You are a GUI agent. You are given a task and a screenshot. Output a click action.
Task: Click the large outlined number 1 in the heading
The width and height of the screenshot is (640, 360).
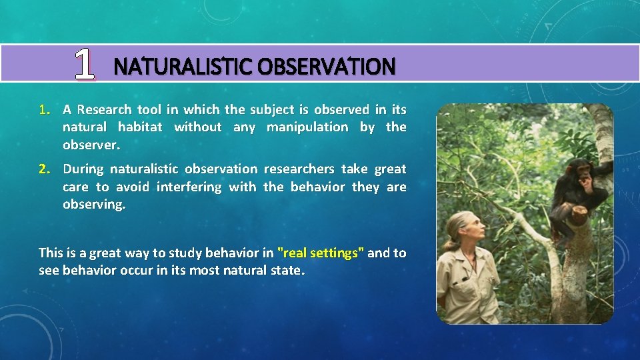(84, 65)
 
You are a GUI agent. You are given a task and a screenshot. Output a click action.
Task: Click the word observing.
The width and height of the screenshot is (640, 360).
(93, 204)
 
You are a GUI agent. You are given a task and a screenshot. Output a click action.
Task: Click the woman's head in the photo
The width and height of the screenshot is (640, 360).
(459, 230)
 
